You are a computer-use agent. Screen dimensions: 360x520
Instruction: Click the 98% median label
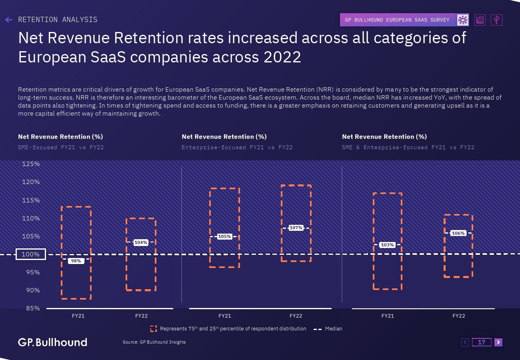pos(76,261)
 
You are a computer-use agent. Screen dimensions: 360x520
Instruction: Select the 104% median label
pos(141,242)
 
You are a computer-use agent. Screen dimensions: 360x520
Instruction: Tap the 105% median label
pos(224,236)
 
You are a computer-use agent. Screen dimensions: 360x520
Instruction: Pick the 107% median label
pos(296,228)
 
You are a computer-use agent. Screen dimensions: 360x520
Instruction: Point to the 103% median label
pos(387,245)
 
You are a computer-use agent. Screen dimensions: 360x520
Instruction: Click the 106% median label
pos(458,233)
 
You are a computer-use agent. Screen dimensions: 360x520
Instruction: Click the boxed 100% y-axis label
pos(31,254)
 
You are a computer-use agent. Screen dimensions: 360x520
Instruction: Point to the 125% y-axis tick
pos(31,164)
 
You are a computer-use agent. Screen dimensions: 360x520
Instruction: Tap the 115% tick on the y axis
pos(31,200)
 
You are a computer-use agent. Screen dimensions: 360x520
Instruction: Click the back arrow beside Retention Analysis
pos(9,20)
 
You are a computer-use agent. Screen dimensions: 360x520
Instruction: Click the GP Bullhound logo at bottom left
pos(52,342)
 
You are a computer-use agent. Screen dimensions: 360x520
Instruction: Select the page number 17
pos(482,342)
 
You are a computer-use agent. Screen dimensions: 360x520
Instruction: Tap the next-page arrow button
pos(498,342)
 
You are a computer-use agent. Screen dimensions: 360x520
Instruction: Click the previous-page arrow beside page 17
pos(465,342)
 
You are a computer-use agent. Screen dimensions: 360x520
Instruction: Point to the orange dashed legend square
pos(154,329)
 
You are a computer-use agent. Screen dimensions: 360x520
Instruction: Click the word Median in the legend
pos(334,329)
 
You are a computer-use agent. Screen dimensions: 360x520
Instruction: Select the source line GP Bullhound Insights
pos(154,342)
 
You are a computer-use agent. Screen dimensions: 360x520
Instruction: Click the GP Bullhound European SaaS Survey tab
pos(397,20)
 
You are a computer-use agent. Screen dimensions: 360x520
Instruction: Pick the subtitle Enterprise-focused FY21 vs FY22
pos(237,147)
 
